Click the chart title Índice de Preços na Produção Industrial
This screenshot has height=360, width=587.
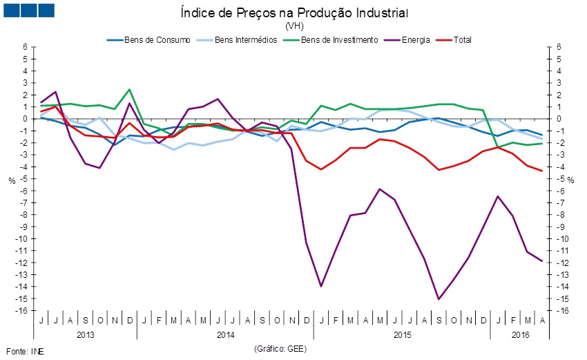click(294, 12)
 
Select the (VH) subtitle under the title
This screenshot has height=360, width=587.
click(294, 26)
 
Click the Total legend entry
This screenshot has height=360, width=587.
click(463, 39)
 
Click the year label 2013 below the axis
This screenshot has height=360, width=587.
click(85, 334)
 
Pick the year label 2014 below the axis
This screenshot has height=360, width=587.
click(225, 334)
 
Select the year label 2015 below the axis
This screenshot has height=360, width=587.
click(402, 334)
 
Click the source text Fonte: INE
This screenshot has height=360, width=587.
click(25, 351)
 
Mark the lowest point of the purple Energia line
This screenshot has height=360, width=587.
click(439, 299)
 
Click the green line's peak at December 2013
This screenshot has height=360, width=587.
click(129, 89)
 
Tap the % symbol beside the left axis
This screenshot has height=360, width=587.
click(11, 180)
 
